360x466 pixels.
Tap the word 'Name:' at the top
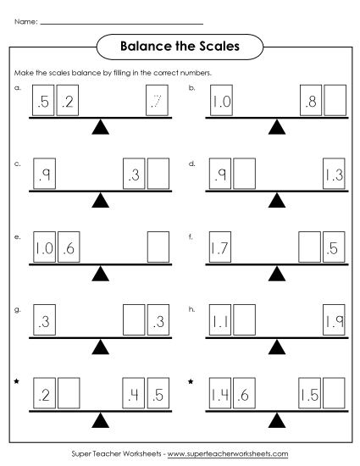[25, 20]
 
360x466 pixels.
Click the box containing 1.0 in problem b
[220, 102]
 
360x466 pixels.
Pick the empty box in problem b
[335, 102]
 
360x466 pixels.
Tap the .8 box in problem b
[312, 102]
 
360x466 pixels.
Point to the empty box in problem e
[158, 248]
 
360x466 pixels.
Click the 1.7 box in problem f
[220, 248]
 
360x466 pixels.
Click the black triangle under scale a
[101, 128]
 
